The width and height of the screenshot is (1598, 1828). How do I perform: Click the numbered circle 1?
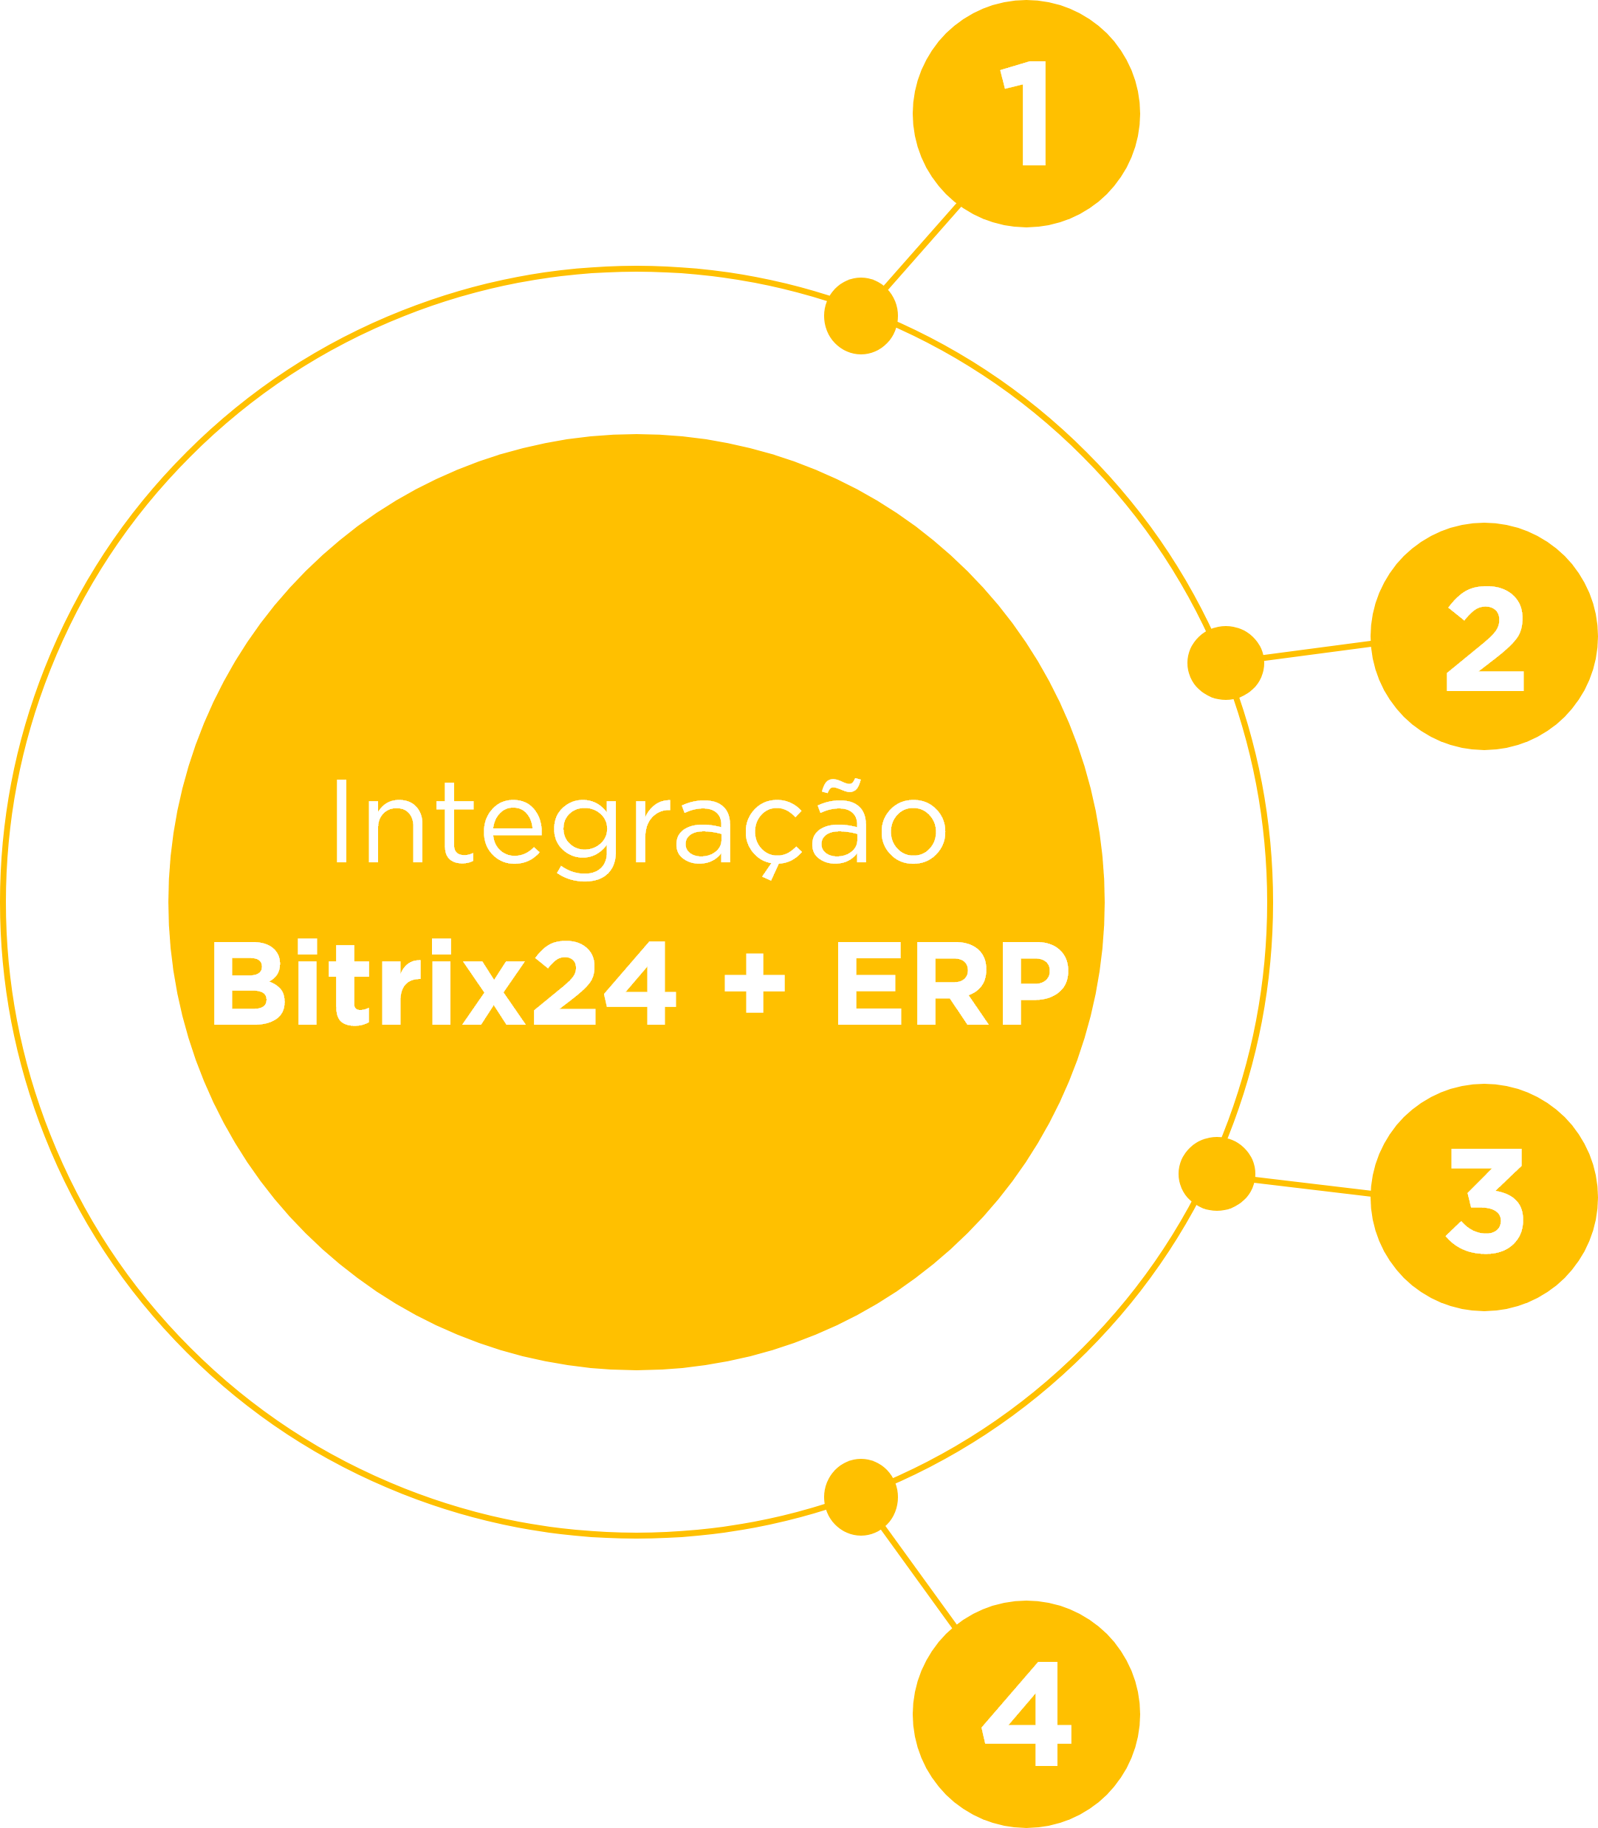[1026, 114]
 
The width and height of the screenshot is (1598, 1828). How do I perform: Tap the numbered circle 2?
[1483, 636]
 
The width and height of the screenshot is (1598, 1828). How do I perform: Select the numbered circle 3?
[1483, 1198]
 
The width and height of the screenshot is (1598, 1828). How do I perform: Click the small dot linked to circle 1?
[860, 316]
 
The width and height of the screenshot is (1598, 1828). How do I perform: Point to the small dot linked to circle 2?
[1225, 662]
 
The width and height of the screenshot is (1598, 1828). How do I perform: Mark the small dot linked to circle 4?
[860, 1497]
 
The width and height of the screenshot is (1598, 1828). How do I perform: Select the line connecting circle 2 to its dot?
[1317, 651]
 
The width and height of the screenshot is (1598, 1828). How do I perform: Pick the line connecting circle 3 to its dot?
[1313, 1185]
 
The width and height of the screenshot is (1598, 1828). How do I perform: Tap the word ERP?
[951, 984]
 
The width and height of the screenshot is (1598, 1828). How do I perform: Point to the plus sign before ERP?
[755, 986]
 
